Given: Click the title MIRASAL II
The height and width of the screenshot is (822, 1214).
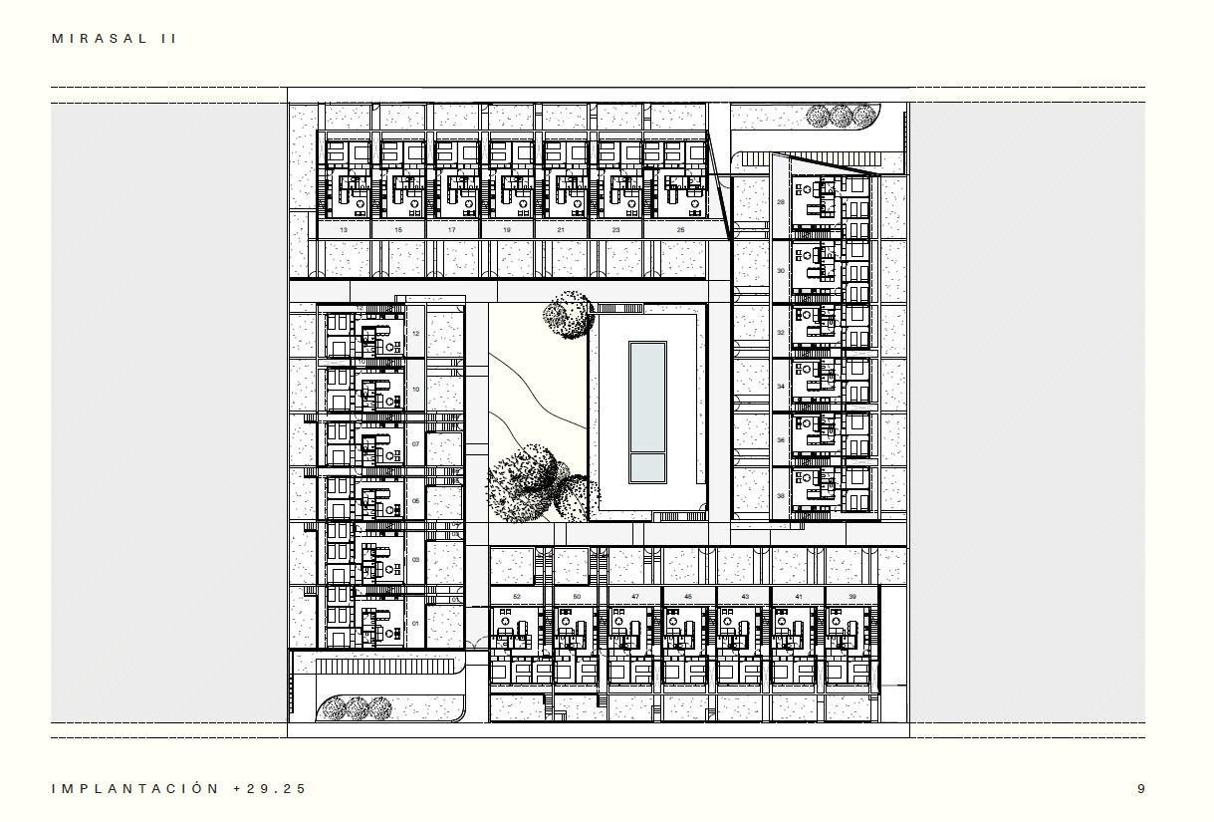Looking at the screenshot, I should click(115, 39).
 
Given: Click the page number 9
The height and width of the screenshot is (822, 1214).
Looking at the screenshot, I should click(1141, 788).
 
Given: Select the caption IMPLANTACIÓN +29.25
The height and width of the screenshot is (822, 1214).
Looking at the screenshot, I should click(179, 788).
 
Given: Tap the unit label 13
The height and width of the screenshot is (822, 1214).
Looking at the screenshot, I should click(344, 230).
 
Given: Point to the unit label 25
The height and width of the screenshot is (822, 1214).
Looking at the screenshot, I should click(680, 230).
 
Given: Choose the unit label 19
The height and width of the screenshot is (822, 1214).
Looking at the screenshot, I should click(507, 230).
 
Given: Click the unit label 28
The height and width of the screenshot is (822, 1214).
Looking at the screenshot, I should click(781, 202).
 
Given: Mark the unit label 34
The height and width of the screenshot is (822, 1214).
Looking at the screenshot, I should click(781, 386).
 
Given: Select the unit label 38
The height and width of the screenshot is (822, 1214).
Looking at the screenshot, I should click(781, 495).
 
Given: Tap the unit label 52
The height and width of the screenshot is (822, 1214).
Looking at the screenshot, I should click(517, 597).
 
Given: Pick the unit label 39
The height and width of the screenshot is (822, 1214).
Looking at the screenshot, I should click(852, 597).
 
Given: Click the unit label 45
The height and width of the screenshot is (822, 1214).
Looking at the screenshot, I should click(688, 597).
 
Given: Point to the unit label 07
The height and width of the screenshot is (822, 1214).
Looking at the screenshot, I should click(416, 445).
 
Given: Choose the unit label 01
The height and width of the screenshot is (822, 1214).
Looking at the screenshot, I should click(416, 625).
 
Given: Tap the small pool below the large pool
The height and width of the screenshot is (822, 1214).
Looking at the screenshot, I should click(647, 466).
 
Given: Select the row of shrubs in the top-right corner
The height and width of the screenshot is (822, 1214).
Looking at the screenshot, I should click(843, 117).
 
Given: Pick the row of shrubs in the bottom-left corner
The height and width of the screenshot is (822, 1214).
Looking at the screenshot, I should click(355, 708).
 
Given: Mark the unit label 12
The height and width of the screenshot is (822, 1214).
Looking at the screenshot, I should click(416, 335).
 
